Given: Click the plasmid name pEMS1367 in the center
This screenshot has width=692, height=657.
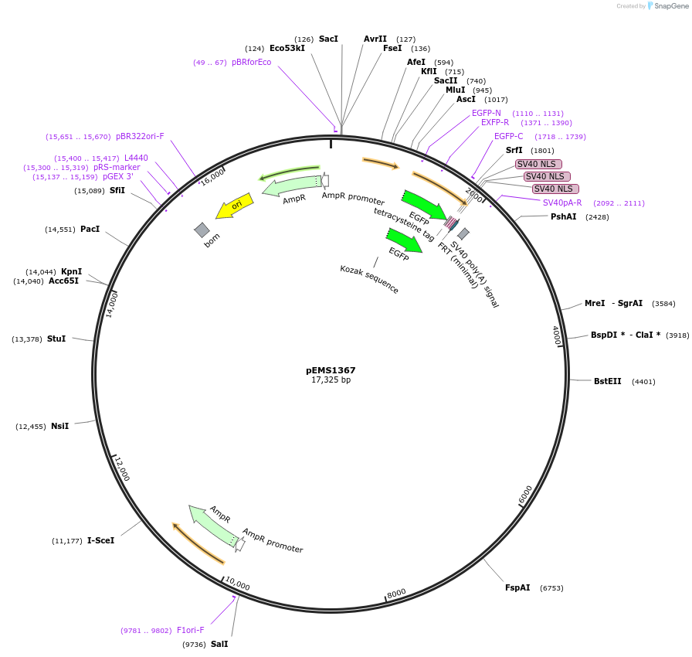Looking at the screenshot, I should (331, 370).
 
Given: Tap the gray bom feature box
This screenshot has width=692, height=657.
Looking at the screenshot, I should (202, 230).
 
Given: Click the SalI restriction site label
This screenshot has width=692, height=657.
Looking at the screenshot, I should (219, 644).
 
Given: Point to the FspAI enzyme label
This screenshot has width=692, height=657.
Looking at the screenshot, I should (517, 588).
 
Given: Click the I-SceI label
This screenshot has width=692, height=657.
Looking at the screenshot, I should (100, 540).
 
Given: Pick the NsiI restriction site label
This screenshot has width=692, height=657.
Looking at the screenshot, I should (59, 426).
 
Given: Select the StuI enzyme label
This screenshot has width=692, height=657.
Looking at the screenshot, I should (56, 339).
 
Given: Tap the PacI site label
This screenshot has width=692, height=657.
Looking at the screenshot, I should (90, 230).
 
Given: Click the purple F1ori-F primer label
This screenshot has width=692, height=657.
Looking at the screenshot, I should (191, 631).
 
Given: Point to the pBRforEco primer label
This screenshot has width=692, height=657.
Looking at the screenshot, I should (252, 63).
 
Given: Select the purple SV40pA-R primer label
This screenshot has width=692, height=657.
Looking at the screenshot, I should (562, 203).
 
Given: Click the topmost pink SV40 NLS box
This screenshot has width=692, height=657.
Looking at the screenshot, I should (538, 164).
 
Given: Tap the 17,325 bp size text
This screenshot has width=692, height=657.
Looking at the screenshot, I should (331, 380).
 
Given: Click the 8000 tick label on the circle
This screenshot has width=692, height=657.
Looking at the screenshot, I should (396, 593).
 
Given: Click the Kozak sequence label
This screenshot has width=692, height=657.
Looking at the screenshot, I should (369, 279).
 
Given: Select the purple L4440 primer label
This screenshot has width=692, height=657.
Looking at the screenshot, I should (136, 158).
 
